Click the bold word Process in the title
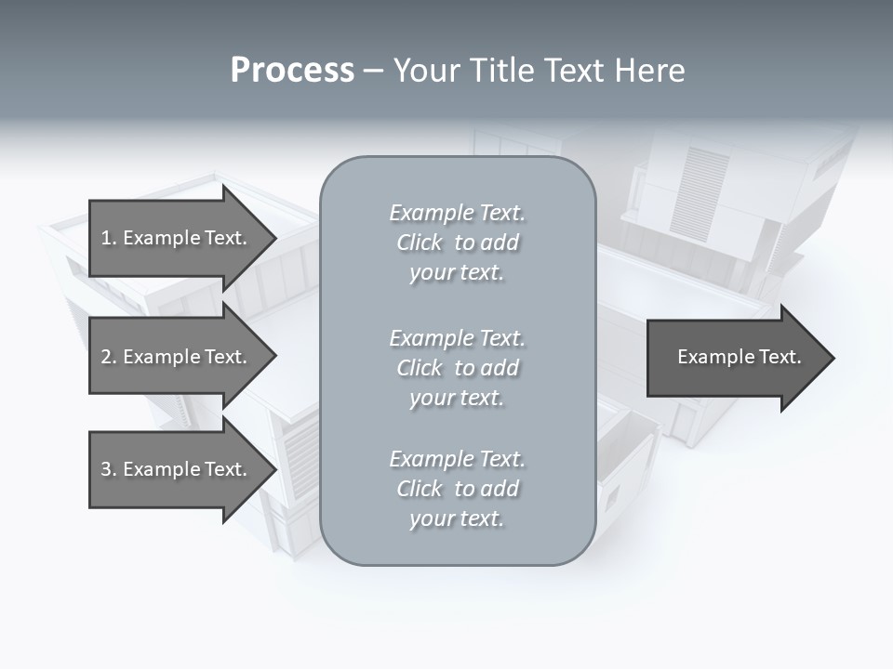[x=292, y=71]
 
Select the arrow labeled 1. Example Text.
[x=174, y=238]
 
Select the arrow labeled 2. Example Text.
[x=174, y=357]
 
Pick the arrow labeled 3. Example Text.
[x=174, y=469]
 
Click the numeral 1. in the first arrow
[x=108, y=238]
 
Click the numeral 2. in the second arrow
[x=108, y=357]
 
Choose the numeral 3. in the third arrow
[x=108, y=469]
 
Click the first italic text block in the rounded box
[x=457, y=243]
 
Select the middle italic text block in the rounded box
[x=457, y=368]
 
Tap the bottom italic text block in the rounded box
[x=457, y=489]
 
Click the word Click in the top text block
[x=420, y=243]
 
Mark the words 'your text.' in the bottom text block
[x=457, y=518]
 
